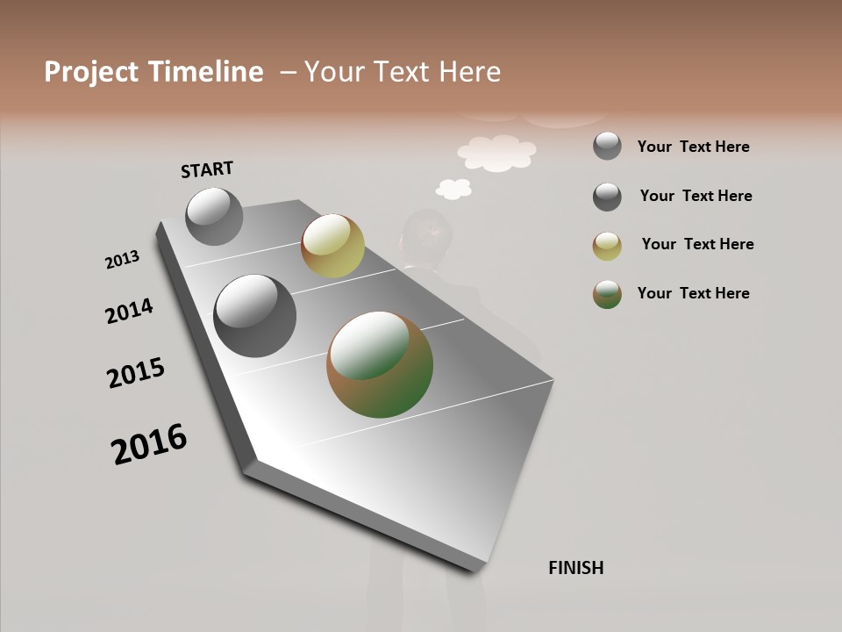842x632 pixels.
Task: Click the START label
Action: [x=207, y=169]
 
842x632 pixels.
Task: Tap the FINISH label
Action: [x=575, y=568]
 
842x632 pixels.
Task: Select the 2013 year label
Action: [x=122, y=260]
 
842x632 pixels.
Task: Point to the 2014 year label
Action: [x=129, y=312]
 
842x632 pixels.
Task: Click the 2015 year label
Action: [x=136, y=373]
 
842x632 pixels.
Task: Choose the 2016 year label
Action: [x=149, y=444]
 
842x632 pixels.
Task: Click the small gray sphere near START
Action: [x=214, y=216]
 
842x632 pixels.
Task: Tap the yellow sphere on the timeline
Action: [x=332, y=246]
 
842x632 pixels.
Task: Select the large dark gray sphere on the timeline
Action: [x=254, y=316]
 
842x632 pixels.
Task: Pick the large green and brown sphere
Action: [x=380, y=364]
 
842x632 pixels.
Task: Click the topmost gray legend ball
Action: [x=607, y=146]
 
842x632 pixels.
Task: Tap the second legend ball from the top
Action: [x=607, y=197]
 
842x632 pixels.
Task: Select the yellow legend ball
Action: [x=607, y=246]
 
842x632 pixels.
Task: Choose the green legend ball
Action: [x=607, y=294]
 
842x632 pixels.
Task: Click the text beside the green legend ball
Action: [x=693, y=293]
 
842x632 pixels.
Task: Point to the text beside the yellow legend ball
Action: [x=697, y=244]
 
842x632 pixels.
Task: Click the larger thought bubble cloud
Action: [x=496, y=152]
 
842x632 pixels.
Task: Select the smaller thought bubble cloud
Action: [x=453, y=188]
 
